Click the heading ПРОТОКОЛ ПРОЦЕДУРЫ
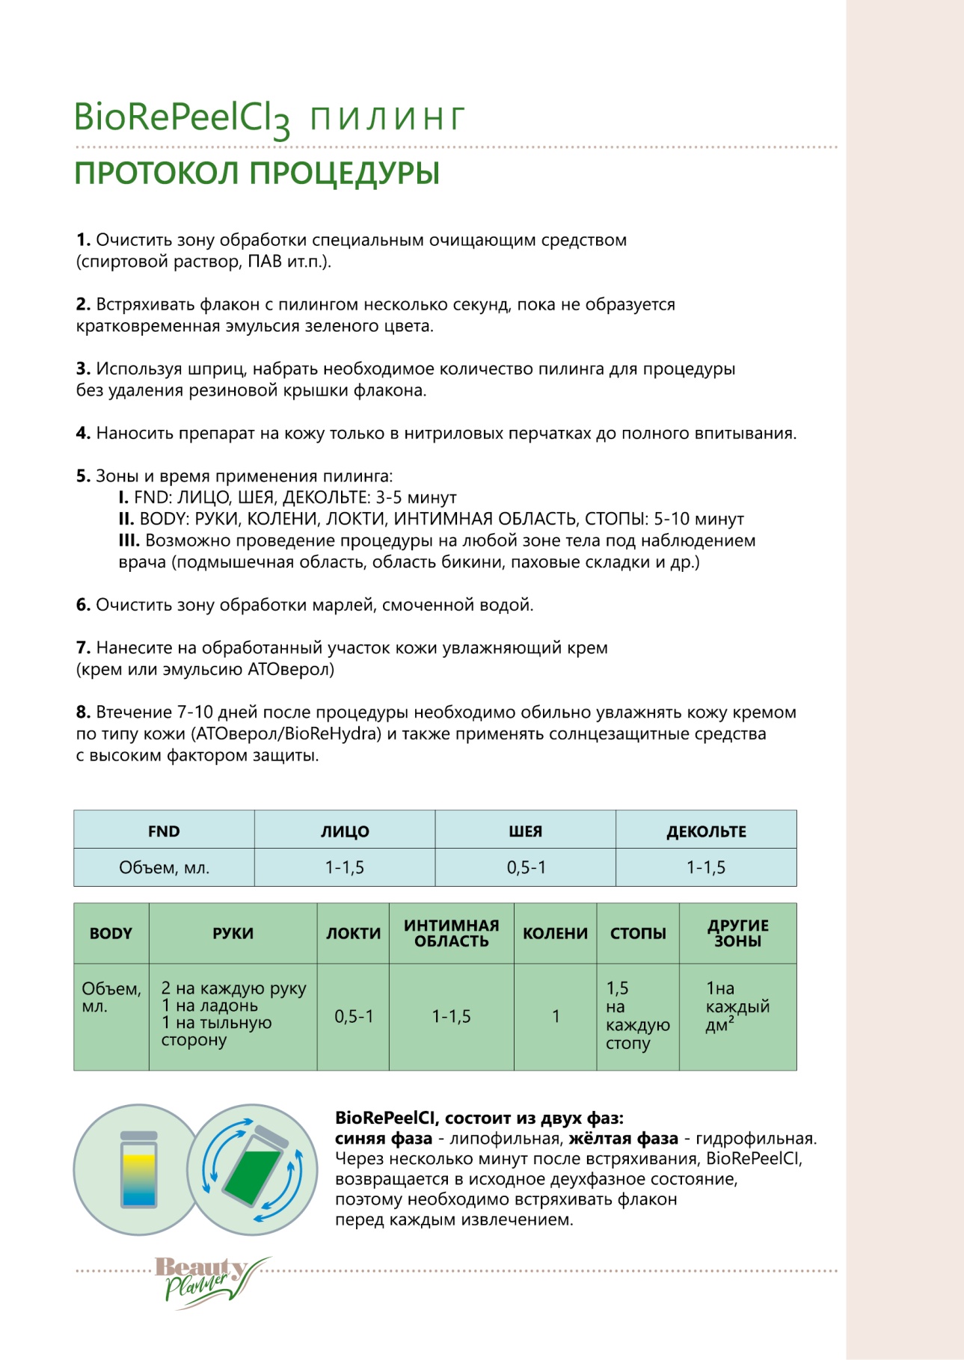coord(257,173)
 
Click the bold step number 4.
coord(83,434)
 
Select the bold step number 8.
coord(83,713)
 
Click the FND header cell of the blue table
coord(164,831)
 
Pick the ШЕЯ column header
coord(525,831)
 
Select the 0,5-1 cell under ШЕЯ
coord(526,867)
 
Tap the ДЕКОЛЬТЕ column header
coord(706,831)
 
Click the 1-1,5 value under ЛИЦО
coord(345,867)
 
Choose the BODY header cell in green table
coord(111,934)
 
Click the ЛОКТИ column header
coord(353,934)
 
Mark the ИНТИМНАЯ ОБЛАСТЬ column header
coord(451,934)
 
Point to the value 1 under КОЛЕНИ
coord(556,1017)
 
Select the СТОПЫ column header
coord(638,934)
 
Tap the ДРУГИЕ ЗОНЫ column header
coord(737,934)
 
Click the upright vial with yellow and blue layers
coord(139,1171)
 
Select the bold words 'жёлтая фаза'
coord(623,1139)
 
